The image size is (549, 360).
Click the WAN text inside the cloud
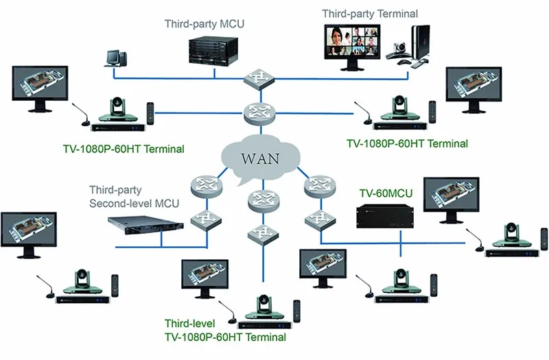[x=259, y=158]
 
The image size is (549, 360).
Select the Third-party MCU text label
[x=205, y=24]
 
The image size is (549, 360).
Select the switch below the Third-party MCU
[x=259, y=78]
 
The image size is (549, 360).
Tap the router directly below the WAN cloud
[x=261, y=198]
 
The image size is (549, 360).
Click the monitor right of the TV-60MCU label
[x=451, y=198]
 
